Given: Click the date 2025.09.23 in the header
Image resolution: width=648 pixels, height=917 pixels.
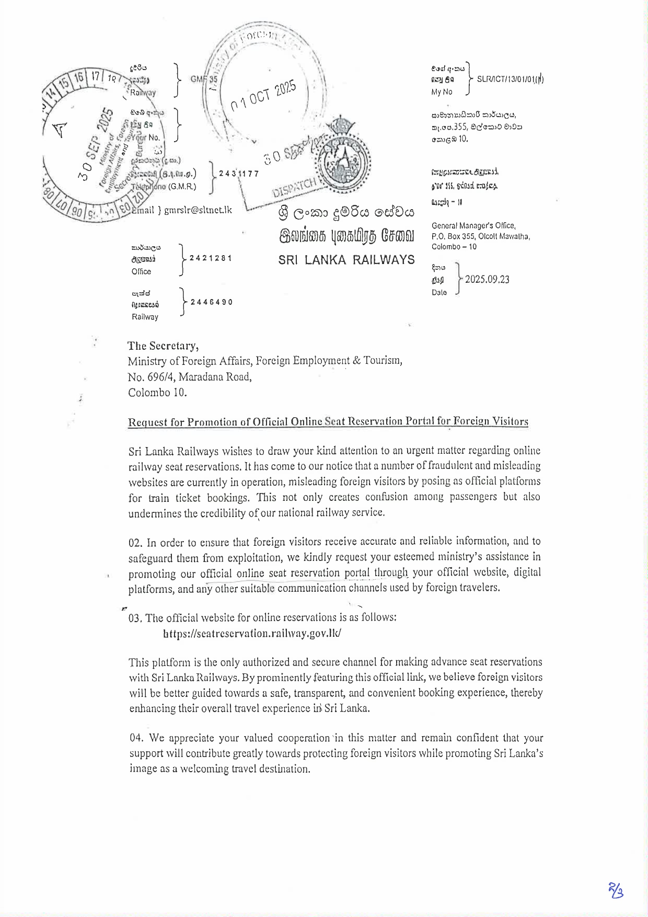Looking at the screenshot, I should (487, 279).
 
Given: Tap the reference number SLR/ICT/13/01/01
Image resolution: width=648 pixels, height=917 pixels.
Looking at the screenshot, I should (510, 79).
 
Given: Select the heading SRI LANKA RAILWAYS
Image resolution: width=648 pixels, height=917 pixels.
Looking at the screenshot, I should (346, 260).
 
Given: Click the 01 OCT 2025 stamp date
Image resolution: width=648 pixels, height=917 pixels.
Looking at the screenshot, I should (263, 96).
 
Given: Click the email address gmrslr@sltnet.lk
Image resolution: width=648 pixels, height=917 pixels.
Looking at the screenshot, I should (198, 210).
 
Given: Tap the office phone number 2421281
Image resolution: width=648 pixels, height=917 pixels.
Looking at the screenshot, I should (211, 258).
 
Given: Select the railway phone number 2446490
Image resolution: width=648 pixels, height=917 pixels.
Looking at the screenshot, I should (212, 302).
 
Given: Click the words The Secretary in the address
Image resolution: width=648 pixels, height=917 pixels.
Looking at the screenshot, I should (163, 346).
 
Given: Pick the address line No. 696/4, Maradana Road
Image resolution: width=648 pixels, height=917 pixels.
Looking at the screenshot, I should (190, 377).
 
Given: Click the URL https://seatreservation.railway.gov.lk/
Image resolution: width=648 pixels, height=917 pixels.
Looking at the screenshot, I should (252, 633).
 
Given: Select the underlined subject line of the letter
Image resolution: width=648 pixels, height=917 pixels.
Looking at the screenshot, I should (328, 422).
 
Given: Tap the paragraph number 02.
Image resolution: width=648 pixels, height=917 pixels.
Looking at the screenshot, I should (135, 543).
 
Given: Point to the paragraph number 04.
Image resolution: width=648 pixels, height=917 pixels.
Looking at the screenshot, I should (136, 738).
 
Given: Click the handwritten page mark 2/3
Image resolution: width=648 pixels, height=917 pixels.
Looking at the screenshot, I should (616, 890).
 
